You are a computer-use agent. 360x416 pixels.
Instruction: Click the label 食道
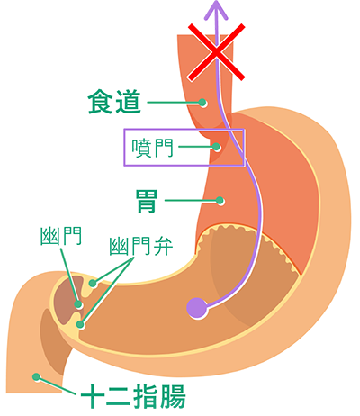[x=114, y=102]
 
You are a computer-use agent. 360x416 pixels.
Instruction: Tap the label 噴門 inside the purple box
[x=153, y=148]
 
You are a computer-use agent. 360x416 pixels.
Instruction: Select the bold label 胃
[x=147, y=201]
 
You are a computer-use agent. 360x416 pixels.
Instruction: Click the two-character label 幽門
[x=61, y=236]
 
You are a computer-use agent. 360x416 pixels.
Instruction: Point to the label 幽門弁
[x=141, y=247]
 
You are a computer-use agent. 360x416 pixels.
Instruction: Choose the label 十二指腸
[x=133, y=396]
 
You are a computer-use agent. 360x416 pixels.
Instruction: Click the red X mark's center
[x=217, y=52]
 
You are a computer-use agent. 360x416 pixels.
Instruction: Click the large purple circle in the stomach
[x=197, y=308]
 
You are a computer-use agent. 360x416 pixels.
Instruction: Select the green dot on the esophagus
[x=202, y=103]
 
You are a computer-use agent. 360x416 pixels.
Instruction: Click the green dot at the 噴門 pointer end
[x=216, y=147]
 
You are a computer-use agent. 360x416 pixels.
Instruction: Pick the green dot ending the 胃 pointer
[x=220, y=201]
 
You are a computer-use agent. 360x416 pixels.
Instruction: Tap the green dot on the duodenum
[x=36, y=376]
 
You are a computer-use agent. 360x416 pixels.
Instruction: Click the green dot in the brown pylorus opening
[x=78, y=304]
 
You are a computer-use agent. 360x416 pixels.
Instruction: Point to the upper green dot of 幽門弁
[x=93, y=283]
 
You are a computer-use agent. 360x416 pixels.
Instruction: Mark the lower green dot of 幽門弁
[x=80, y=324]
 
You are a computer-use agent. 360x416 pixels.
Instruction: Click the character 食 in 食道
[x=100, y=102]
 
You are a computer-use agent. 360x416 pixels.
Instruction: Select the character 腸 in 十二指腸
[x=173, y=396]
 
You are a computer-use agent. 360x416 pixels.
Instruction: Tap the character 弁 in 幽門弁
[x=163, y=247]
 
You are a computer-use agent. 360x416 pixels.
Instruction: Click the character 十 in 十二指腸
[x=93, y=396]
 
